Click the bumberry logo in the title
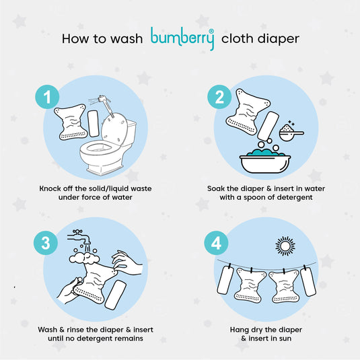[182, 38]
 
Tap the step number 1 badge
[47, 97]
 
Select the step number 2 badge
[219, 97]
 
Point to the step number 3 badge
[46, 243]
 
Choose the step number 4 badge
[216, 243]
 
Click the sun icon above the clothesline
[285, 246]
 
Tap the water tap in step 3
[79, 236]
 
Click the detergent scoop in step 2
[291, 133]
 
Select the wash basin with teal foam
[265, 161]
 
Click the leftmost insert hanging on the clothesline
[225, 279]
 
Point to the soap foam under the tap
[85, 258]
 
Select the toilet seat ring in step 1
[100, 148]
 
